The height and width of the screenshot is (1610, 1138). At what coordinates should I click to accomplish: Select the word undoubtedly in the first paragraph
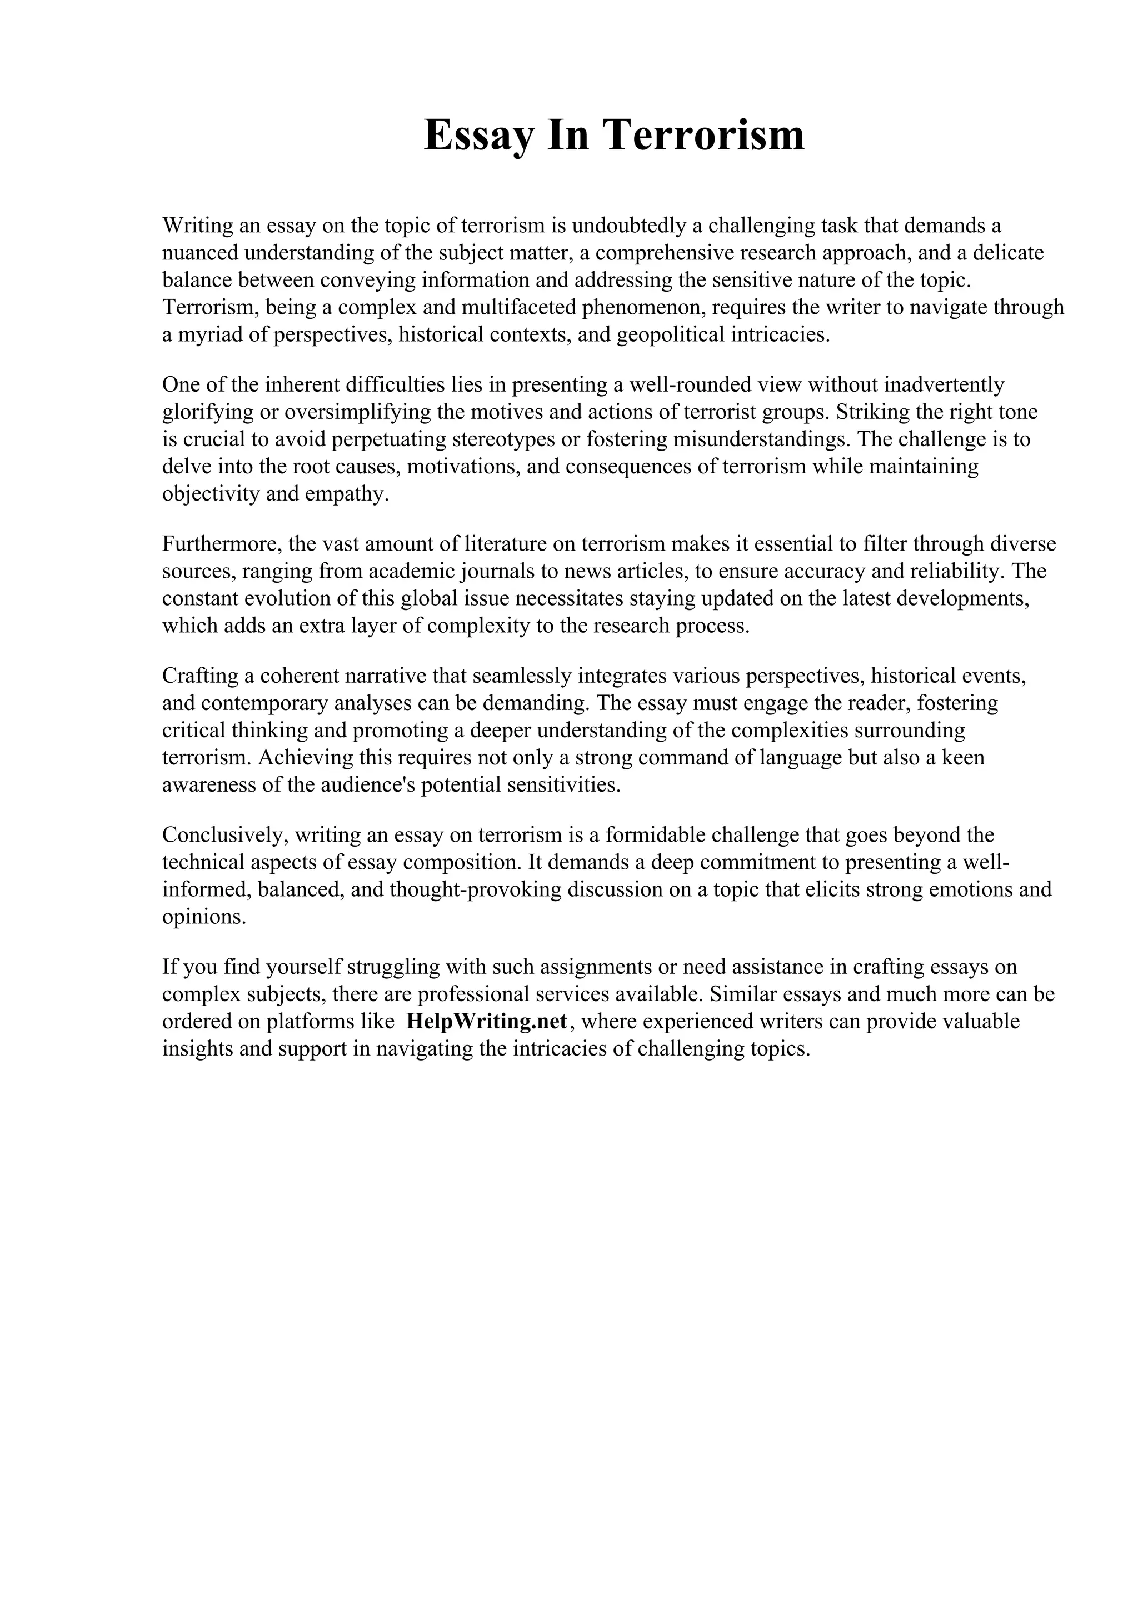click(629, 226)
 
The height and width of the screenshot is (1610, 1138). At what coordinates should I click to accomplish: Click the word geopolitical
click(671, 334)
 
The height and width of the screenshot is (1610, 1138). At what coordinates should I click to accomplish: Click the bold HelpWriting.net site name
click(486, 1022)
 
